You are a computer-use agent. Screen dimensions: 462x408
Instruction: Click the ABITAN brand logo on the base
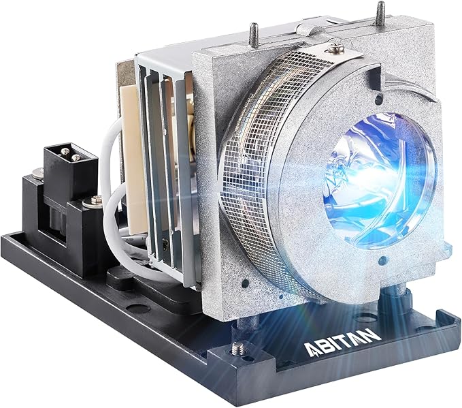pyautogui.click(x=342, y=342)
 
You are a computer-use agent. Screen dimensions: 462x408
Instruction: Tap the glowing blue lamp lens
pyautogui.click(x=380, y=181)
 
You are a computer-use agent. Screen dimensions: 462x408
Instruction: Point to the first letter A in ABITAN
pyautogui.click(x=310, y=350)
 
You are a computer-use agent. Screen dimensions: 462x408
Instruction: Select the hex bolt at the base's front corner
pyautogui.click(x=237, y=348)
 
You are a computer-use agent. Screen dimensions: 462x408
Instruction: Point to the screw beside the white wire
pyautogui.click(x=93, y=201)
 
